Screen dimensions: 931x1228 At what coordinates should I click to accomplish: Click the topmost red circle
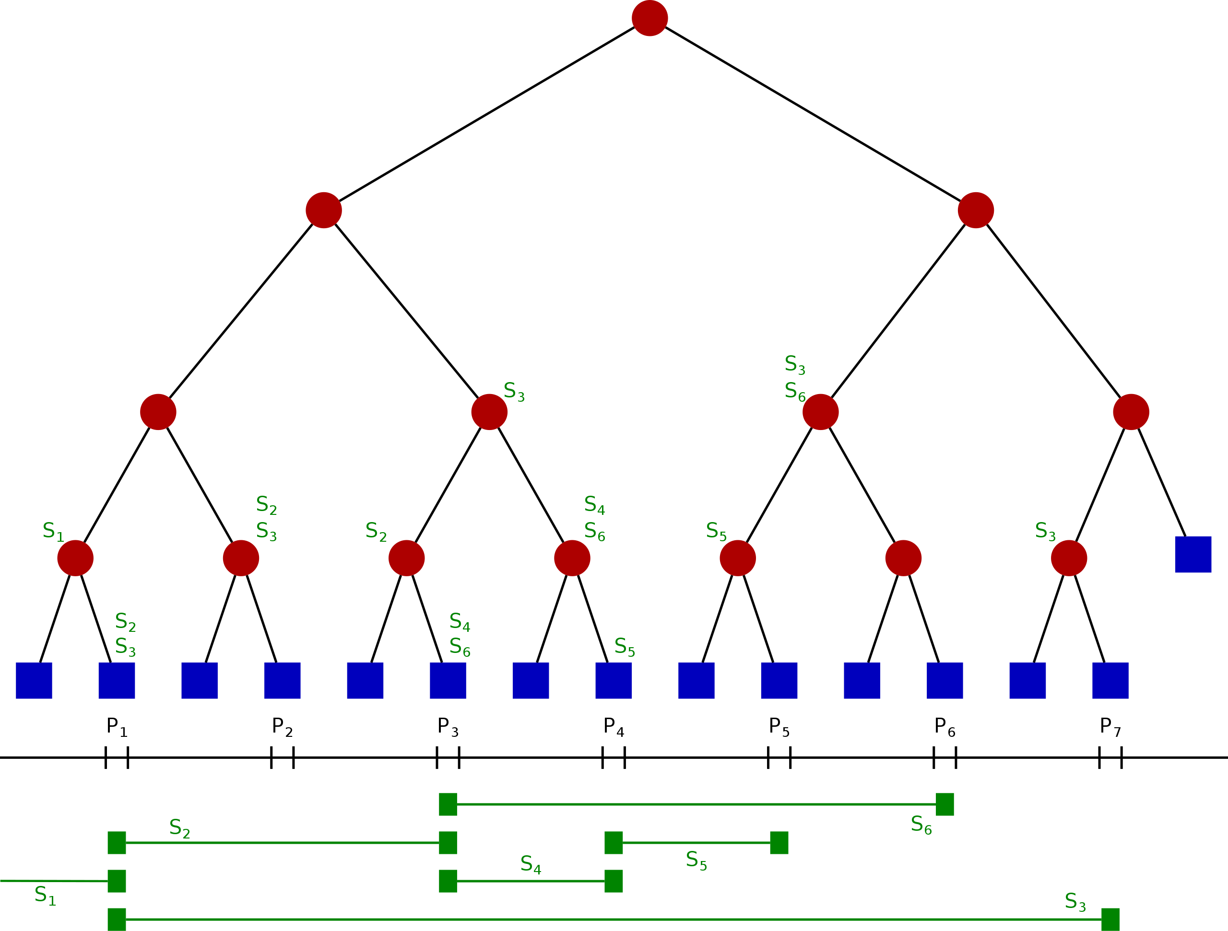649,18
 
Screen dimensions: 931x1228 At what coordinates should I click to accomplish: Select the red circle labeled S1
75,558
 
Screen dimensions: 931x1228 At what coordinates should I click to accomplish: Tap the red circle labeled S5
738,558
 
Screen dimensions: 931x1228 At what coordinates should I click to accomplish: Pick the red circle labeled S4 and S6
572,558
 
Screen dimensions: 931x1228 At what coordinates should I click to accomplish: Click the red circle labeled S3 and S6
821,412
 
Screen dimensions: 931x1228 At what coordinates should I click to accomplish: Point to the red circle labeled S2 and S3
241,558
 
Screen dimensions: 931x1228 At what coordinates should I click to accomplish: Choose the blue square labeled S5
614,680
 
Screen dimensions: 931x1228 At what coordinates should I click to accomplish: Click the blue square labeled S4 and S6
448,680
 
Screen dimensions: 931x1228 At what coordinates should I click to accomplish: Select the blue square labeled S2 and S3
117,680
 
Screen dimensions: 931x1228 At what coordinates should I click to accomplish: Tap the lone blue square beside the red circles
1193,554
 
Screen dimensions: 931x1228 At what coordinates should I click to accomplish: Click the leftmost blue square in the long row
34,680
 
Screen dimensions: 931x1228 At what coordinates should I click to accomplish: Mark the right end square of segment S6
945,804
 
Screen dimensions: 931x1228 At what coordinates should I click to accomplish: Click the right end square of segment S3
1110,919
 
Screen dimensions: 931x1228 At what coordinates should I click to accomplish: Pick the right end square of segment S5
779,843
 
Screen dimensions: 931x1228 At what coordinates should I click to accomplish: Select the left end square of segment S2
117,843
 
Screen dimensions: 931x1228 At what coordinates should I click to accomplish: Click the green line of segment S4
531,881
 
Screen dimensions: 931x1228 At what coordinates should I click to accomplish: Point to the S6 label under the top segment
921,825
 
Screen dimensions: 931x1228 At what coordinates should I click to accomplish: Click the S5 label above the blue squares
625,647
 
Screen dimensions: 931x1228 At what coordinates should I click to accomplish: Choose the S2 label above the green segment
179,828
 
